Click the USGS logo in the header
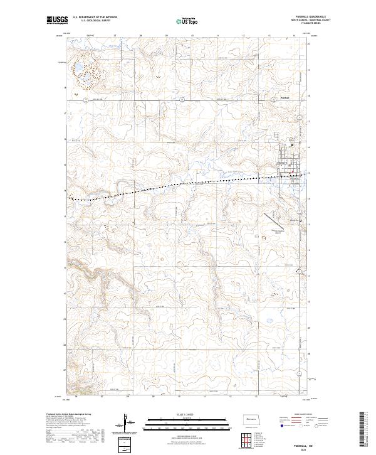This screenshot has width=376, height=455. pyautogui.click(x=56, y=21)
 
